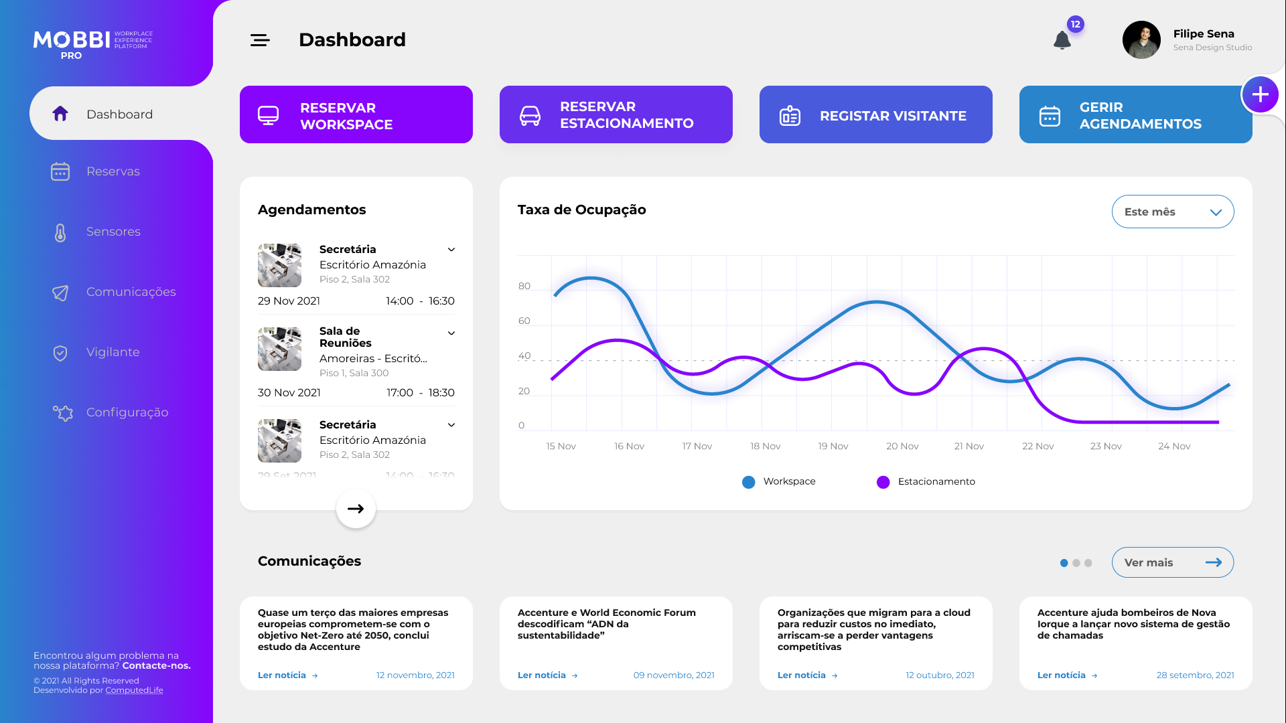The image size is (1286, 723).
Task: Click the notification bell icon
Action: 1062,40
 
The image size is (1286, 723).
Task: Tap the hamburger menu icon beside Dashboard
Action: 260,40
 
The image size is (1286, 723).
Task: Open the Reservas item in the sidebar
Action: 113,171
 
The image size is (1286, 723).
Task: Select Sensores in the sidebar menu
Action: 113,232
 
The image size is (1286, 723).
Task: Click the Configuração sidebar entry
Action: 127,412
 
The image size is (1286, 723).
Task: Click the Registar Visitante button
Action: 875,115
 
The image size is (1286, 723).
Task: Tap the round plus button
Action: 1260,94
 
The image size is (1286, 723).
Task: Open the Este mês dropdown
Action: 1172,212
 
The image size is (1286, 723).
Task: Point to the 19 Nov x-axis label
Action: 833,446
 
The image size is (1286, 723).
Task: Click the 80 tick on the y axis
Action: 524,287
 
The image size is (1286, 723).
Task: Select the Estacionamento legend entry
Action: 936,481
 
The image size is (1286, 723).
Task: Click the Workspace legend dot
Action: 749,482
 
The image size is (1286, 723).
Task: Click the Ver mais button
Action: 1172,562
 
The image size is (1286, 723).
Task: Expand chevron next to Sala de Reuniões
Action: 451,333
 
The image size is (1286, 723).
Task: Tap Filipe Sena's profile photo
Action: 1141,40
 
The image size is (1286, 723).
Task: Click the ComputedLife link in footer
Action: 134,690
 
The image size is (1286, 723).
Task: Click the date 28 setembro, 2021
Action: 1195,675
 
